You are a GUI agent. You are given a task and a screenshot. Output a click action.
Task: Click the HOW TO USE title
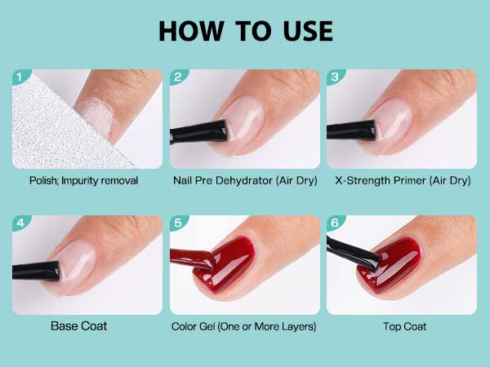coord(245,30)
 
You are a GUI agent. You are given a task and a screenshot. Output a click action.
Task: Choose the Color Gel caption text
coord(244,326)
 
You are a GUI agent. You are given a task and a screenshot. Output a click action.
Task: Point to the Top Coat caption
coord(402,326)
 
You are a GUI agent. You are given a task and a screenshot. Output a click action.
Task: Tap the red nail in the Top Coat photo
coord(412,273)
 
